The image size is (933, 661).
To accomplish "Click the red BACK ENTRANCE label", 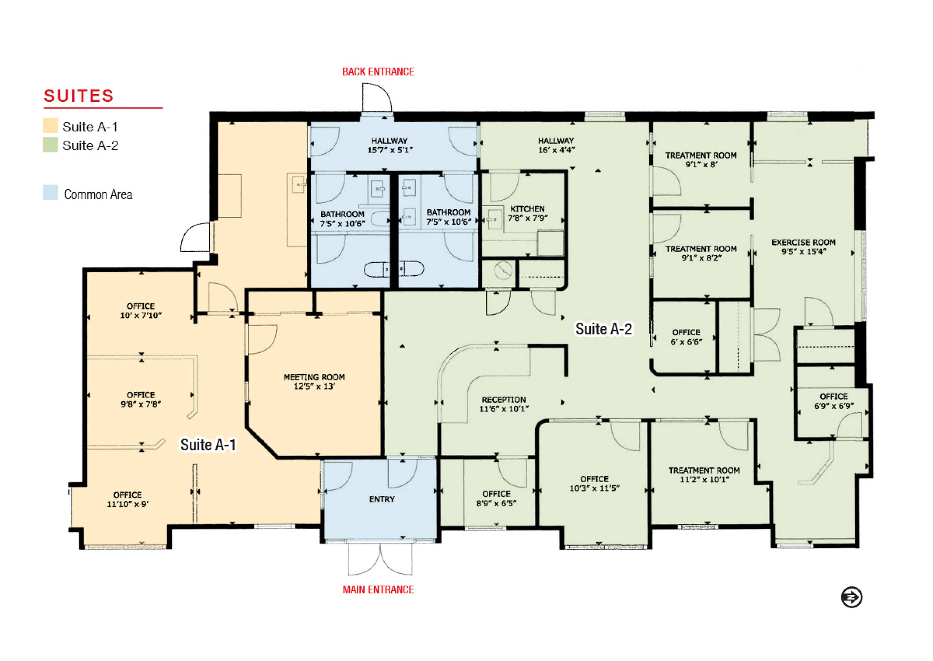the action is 378,72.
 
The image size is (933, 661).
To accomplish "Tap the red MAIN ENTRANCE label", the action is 378,589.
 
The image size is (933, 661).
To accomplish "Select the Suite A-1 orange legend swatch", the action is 51,126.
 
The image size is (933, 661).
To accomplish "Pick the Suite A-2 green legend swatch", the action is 51,145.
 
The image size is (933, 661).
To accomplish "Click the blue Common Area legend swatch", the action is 51,193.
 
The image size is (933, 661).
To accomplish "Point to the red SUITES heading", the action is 79,96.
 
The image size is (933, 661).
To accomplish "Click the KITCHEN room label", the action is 527,209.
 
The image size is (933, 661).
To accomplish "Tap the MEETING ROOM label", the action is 314,377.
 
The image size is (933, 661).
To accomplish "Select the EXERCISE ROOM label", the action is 803,243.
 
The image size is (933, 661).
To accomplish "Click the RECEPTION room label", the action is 504,400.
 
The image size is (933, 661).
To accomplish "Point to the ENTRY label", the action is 382,499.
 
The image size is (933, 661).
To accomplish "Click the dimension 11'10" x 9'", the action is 128,504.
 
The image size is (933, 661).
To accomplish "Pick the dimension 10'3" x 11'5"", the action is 594,488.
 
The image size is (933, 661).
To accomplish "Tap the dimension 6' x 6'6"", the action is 687,342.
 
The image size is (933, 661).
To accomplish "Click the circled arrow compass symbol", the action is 852,598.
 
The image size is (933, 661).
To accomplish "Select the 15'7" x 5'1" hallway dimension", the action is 390,150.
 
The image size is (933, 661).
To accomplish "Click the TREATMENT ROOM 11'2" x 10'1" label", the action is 704,475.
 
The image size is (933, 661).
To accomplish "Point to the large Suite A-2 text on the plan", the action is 604,329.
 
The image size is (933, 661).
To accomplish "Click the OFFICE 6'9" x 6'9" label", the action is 834,401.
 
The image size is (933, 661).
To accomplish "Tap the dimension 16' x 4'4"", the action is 556,150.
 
